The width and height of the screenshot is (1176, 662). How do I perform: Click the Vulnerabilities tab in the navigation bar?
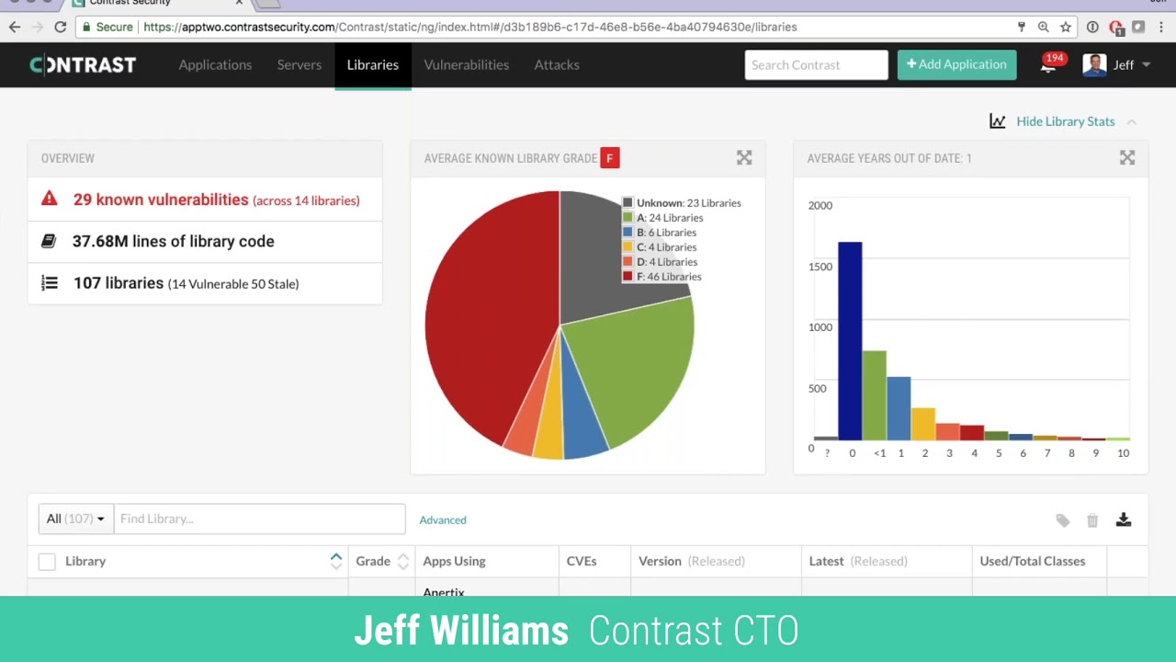pyautogui.click(x=466, y=65)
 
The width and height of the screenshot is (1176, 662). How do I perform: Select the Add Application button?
pyautogui.click(x=956, y=64)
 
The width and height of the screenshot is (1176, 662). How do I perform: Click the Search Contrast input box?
pyautogui.click(x=816, y=65)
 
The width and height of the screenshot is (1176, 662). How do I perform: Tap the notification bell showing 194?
pyautogui.click(x=1048, y=64)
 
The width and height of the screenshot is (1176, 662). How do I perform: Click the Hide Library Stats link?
pyautogui.click(x=1064, y=121)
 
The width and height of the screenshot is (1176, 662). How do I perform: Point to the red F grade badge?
pyautogui.click(x=609, y=158)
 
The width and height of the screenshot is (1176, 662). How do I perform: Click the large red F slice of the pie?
pyautogui.click(x=487, y=313)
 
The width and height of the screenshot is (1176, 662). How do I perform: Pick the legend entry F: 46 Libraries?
pyautogui.click(x=668, y=277)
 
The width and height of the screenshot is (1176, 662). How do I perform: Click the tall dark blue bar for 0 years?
pyautogui.click(x=850, y=340)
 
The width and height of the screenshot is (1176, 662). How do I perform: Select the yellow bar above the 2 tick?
pyautogui.click(x=923, y=424)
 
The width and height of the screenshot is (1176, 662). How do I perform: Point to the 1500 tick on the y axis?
pyautogui.click(x=820, y=267)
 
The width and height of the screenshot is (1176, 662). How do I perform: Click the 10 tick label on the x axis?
pyautogui.click(x=1123, y=453)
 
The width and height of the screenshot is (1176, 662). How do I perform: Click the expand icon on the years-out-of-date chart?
pyautogui.click(x=1127, y=158)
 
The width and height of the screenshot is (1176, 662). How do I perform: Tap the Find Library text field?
pyautogui.click(x=259, y=519)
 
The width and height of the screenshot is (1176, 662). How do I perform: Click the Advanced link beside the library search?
pyautogui.click(x=443, y=520)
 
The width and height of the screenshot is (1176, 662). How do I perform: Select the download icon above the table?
pyautogui.click(x=1123, y=520)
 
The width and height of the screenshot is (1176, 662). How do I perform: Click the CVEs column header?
pyautogui.click(x=582, y=561)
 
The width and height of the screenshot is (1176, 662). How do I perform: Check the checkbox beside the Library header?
pyautogui.click(x=47, y=562)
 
